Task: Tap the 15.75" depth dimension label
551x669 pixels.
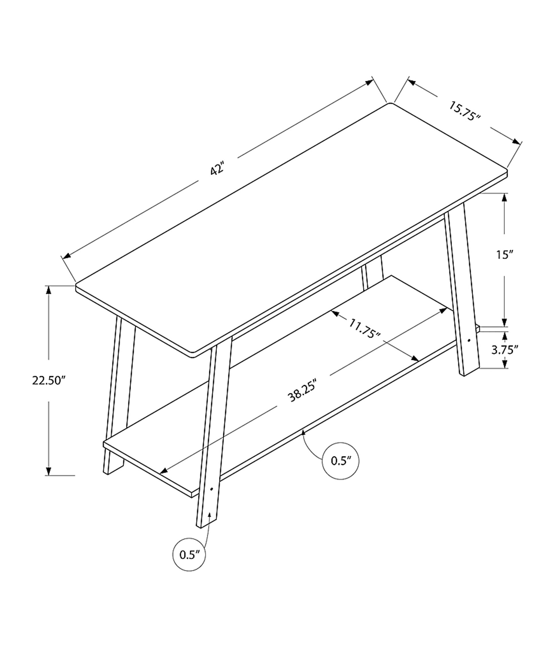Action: [x=464, y=111]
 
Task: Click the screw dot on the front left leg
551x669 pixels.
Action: [x=212, y=489]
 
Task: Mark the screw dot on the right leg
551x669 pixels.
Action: [x=469, y=341]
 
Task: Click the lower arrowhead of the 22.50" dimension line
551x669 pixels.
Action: [x=48, y=472]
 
